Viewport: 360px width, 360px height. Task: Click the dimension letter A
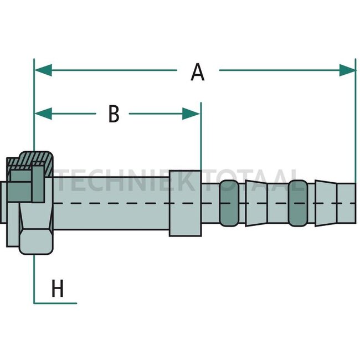198,73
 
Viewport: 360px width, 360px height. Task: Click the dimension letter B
114,114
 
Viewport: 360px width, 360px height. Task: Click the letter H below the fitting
58,288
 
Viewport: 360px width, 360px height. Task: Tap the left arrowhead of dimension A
43,70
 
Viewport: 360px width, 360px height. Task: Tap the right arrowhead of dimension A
348,70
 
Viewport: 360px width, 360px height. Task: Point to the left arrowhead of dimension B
43,114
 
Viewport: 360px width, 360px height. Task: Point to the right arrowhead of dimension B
191,114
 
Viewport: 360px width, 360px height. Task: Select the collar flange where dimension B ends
186,203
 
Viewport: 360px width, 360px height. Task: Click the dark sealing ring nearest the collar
229,203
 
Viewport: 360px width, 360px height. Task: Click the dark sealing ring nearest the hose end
298,203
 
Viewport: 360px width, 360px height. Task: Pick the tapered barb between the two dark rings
256,203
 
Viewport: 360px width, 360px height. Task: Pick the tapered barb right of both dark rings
326,203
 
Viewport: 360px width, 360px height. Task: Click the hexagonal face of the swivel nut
36,241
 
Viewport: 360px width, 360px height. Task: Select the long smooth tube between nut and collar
111,203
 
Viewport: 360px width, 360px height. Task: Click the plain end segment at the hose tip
347,203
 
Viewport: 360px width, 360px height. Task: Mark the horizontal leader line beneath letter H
55,304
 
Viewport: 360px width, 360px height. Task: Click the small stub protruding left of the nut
3,202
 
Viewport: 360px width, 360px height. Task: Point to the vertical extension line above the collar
201,136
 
